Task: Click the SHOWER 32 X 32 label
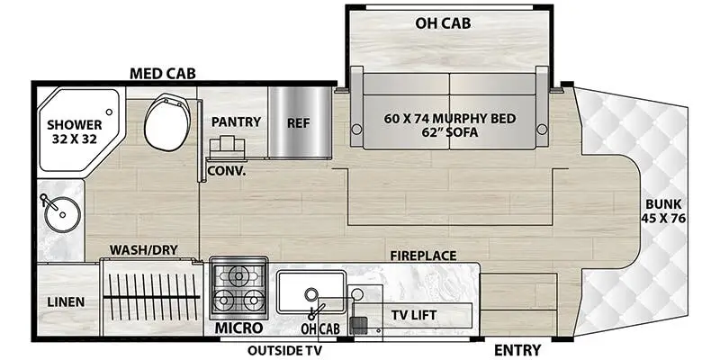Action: coord(74,130)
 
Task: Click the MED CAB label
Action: coord(164,73)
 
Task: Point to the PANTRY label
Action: coord(236,121)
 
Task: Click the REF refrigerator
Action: coord(297,121)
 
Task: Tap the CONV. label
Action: coord(227,169)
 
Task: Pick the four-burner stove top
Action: coord(238,287)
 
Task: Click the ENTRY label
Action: coord(517,350)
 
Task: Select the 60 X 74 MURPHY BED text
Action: coord(449,120)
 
